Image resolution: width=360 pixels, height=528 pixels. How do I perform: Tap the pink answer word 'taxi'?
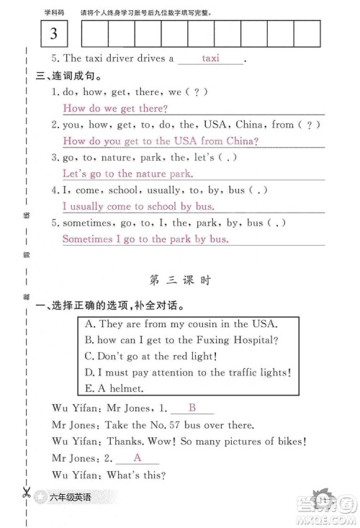(x=210, y=58)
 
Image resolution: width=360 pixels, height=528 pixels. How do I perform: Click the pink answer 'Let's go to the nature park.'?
(x=127, y=174)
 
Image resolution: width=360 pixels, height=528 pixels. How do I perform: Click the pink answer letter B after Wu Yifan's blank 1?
(x=192, y=407)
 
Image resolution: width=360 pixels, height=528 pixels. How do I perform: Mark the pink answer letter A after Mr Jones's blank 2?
(x=136, y=457)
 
